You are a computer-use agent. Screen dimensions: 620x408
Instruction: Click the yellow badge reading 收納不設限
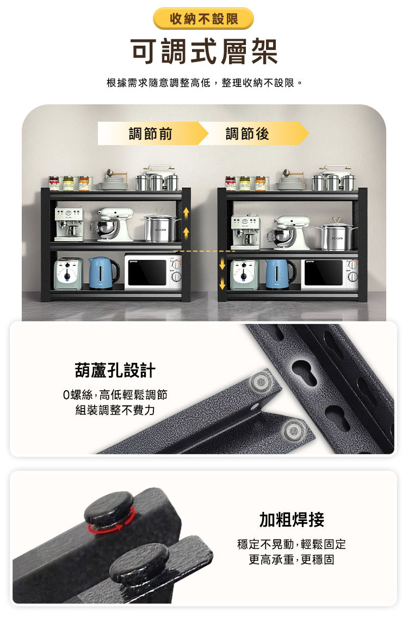point(203,19)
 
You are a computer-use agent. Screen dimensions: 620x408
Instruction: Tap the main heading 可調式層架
point(204,52)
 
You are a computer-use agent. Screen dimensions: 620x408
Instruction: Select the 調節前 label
point(150,133)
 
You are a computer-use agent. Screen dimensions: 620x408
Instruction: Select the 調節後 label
point(248,133)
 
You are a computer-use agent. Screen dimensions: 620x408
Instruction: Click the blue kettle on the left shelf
point(103,273)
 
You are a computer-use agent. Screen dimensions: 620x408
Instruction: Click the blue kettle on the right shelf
point(281,273)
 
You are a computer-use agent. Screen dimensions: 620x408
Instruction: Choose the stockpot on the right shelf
point(338,235)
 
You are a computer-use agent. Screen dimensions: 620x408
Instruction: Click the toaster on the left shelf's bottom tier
point(69,273)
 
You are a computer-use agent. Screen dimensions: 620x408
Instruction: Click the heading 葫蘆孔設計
point(115,371)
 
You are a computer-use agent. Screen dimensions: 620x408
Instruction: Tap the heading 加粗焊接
point(292,520)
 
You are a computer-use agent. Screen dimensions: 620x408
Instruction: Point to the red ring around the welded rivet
point(109,524)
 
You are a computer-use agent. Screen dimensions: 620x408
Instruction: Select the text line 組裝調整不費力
point(115,410)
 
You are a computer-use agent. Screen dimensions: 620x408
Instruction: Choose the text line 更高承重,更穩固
point(292,559)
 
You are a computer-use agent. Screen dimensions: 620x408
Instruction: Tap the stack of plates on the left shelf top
point(113,185)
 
